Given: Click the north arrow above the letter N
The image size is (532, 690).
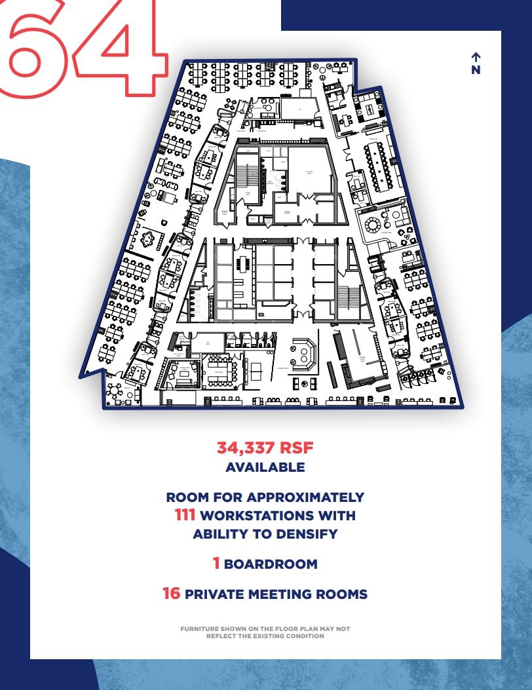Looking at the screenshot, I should [476, 57].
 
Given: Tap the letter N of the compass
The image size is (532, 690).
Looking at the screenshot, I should [476, 70].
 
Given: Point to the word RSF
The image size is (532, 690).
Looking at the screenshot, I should [297, 448].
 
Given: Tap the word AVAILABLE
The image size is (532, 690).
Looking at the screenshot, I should [265, 467].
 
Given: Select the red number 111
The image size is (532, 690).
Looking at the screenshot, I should [185, 515].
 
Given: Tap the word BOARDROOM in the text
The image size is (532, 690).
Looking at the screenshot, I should [271, 564].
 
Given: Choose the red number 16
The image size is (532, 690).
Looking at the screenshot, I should [171, 594].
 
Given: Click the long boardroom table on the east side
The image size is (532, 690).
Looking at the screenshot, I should [379, 167].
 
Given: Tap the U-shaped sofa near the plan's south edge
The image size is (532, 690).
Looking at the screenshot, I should [303, 355].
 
